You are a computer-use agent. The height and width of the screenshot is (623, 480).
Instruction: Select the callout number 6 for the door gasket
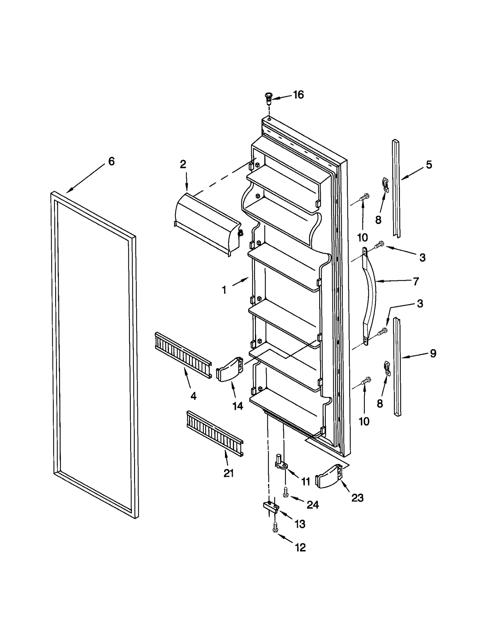tap(111, 162)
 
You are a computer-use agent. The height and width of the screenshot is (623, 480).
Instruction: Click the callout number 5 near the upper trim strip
tap(429, 165)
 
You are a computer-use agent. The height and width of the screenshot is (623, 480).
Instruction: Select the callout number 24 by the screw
tap(312, 505)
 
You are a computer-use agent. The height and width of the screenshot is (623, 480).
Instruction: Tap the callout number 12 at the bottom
tap(300, 547)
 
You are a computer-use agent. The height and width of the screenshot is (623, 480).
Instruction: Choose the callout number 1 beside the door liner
tap(224, 290)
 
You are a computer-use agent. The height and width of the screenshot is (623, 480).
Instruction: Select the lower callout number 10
tap(364, 422)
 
